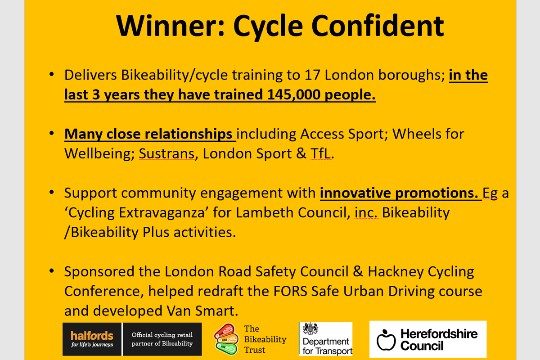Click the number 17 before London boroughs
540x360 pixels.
point(310,75)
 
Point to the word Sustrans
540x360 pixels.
point(166,154)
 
